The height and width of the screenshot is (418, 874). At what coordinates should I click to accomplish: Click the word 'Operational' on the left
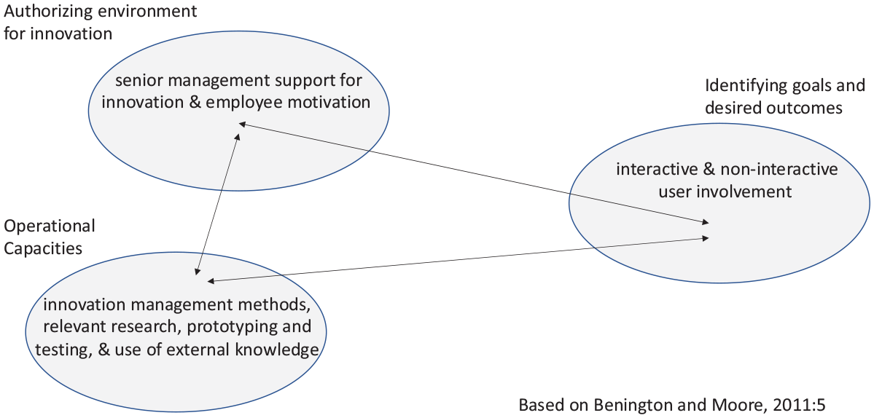[x=49, y=226]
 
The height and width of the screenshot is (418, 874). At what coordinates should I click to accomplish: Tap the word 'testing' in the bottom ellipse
[x=61, y=350]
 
